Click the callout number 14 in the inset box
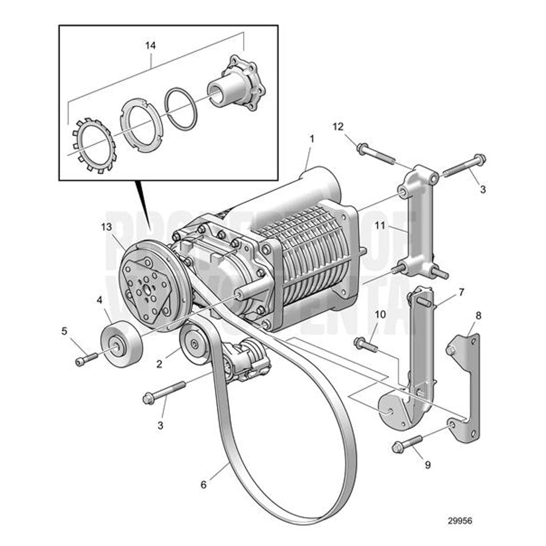coord(150,45)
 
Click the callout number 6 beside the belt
coord(203,485)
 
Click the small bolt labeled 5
coord(86,359)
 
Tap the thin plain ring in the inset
coord(181,109)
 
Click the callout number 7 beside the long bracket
coord(461,292)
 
